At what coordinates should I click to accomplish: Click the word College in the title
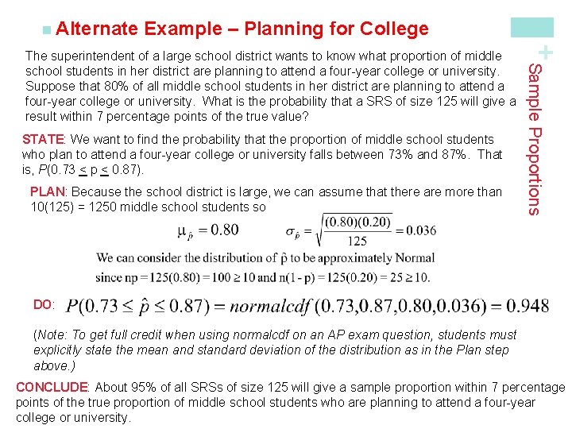click(x=394, y=29)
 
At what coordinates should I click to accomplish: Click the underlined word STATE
click(x=43, y=139)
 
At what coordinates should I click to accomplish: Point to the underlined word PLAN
click(x=48, y=191)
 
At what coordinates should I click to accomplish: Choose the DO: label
click(x=44, y=304)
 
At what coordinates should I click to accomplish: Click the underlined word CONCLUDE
click(x=52, y=388)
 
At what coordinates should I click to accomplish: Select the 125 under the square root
click(x=357, y=242)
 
